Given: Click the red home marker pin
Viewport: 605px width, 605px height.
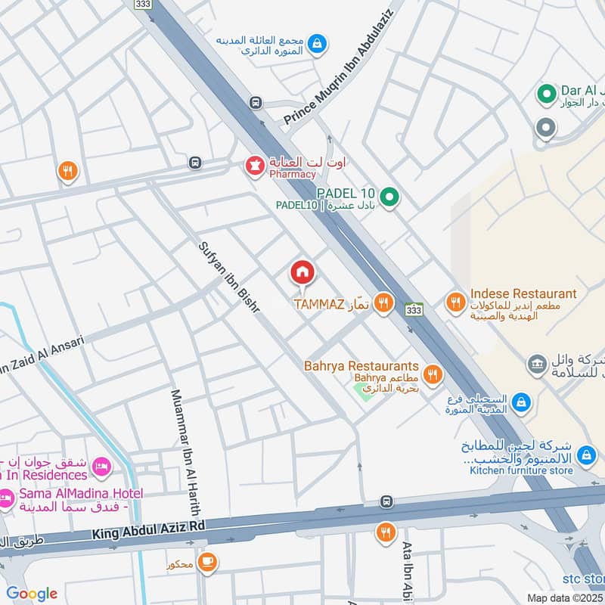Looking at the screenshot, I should point(302,272).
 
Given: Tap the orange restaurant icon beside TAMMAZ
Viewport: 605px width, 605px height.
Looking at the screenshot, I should point(383,304).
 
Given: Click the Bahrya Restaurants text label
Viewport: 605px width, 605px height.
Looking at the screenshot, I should point(361,366).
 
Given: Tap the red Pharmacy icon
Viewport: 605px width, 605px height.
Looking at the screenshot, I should point(256,163).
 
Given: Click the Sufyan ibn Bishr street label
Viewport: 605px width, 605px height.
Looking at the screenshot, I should point(229,278).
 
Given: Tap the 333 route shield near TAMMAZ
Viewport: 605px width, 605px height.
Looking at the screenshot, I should point(414,310).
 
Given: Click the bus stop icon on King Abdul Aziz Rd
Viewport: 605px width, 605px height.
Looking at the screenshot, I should point(386,501).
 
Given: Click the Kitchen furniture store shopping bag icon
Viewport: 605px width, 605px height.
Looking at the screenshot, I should point(586,455).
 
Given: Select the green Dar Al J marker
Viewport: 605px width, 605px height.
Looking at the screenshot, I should point(545,94).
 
